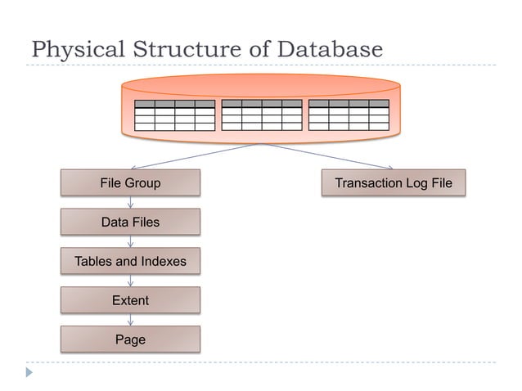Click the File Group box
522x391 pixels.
(x=130, y=183)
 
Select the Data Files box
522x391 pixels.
(x=130, y=222)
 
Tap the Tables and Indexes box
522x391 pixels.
(x=130, y=262)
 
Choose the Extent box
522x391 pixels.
(x=130, y=300)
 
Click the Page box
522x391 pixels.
(x=130, y=339)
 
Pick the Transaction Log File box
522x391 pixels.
(x=393, y=183)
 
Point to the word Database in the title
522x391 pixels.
(x=330, y=50)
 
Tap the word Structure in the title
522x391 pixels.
(x=183, y=50)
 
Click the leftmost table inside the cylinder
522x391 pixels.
(x=174, y=115)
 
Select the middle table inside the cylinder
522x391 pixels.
(x=262, y=115)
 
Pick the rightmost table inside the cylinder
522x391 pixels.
(x=349, y=115)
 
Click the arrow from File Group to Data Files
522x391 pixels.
(x=130, y=202)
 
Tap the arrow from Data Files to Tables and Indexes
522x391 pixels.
(x=130, y=241)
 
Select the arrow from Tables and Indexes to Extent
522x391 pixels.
(x=130, y=281)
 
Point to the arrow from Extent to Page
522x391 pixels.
(x=130, y=320)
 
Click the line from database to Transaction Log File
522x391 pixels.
(x=327, y=156)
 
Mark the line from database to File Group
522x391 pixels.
(x=196, y=156)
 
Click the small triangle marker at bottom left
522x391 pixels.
(x=29, y=372)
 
